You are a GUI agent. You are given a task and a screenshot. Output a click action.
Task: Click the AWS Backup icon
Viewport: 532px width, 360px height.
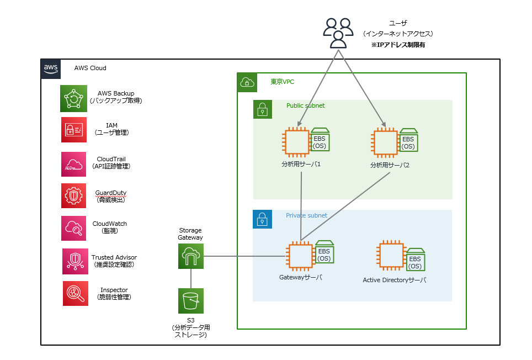tap(73, 98)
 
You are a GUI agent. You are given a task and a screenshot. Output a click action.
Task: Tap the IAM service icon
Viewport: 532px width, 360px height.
tap(73, 130)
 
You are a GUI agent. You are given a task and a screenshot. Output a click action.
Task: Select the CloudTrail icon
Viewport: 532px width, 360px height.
tap(73, 164)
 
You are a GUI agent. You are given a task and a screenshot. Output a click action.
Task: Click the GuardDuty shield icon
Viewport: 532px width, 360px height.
tap(73, 196)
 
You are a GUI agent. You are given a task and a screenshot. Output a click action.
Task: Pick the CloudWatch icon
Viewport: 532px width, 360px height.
tap(73, 228)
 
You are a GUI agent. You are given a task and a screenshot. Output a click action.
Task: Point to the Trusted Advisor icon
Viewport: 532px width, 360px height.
tap(75, 261)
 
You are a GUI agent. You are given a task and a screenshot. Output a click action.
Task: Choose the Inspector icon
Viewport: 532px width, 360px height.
tap(75, 293)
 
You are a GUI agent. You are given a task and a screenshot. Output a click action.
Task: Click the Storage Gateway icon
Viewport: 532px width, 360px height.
tap(191, 256)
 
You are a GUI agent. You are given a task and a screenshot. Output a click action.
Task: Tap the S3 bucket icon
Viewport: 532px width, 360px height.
tap(191, 301)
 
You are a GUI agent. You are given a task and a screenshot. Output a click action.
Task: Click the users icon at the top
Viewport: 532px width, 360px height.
tap(338, 33)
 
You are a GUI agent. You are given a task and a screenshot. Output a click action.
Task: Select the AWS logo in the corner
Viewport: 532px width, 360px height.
tap(51, 69)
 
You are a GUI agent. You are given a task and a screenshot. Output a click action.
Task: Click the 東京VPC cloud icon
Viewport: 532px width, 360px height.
tap(247, 82)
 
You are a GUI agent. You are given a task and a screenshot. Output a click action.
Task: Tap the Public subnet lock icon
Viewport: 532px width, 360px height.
tap(263, 109)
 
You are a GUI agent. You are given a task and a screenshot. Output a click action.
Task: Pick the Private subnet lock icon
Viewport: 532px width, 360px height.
tap(262, 219)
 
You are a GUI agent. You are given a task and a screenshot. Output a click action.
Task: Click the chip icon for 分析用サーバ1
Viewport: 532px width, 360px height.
tap(296, 142)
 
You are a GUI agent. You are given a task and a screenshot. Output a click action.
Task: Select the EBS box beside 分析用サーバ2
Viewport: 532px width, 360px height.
tap(408, 140)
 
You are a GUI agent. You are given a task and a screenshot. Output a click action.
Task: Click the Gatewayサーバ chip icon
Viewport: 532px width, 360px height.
tap(300, 256)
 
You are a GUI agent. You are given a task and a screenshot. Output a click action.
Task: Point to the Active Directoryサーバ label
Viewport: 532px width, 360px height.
tap(394, 280)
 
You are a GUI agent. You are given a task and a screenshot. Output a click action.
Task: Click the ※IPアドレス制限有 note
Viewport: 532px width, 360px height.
tap(398, 45)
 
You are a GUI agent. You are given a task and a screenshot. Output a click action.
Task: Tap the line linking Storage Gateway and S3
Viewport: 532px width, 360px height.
tap(191, 279)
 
